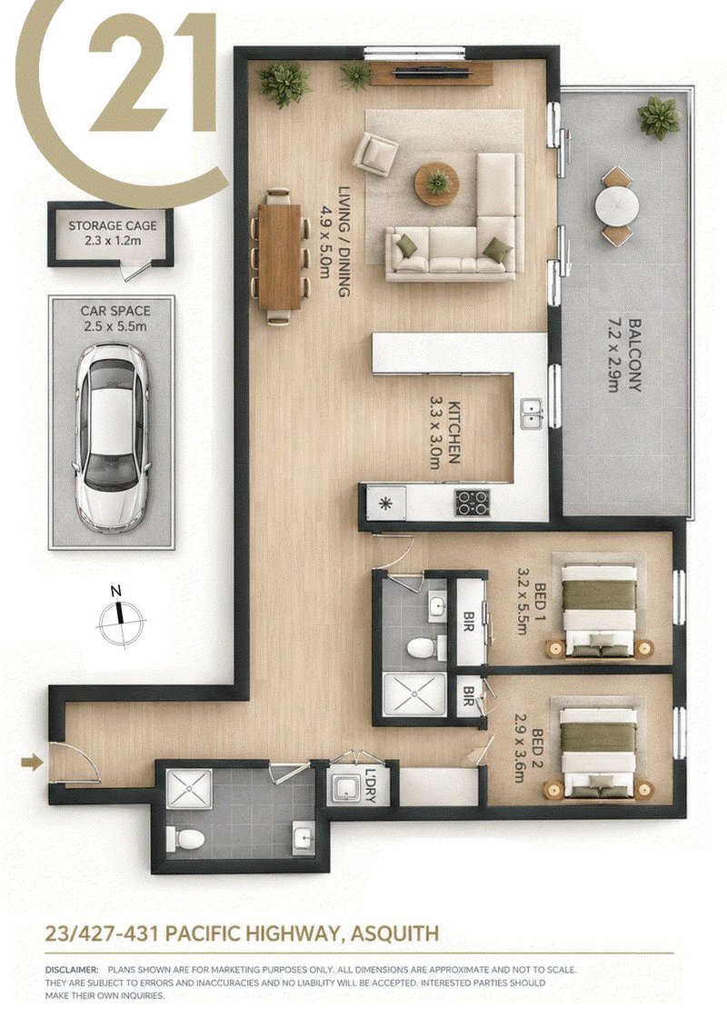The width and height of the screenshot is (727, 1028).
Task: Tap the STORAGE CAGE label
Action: click(x=113, y=225)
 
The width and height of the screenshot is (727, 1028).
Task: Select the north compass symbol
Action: click(x=120, y=617)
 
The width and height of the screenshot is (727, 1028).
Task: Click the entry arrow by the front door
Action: click(x=32, y=762)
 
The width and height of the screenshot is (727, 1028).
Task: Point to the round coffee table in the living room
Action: click(x=436, y=180)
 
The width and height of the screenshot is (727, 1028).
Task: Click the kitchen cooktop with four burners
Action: click(x=473, y=503)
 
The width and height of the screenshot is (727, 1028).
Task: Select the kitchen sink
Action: click(x=532, y=414)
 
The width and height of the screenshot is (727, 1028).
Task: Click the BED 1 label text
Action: click(x=540, y=596)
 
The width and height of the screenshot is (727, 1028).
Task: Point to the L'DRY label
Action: click(x=371, y=784)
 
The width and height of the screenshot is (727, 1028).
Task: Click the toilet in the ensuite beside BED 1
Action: click(x=423, y=648)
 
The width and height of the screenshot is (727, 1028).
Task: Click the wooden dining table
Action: click(x=280, y=255)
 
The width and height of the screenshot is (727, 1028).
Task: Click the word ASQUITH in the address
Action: click(x=394, y=933)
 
